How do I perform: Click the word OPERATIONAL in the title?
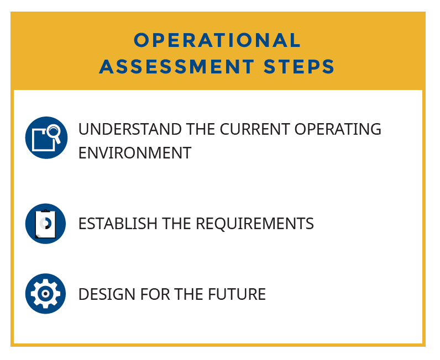pyautogui.click(x=217, y=40)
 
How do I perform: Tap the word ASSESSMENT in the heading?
pyautogui.click(x=177, y=67)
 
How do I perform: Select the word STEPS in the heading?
pyautogui.click(x=299, y=67)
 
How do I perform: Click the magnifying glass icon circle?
pyautogui.click(x=46, y=137)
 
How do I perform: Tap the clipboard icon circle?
pyautogui.click(x=45, y=224)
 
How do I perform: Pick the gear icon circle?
pyautogui.click(x=45, y=294)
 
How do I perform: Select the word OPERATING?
pyautogui.click(x=338, y=129)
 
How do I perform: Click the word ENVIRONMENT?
pyautogui.click(x=135, y=153)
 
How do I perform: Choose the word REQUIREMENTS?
pyautogui.click(x=255, y=224)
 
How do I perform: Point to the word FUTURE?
pyautogui.click(x=237, y=294)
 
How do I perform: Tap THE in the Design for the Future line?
pyautogui.click(x=189, y=294)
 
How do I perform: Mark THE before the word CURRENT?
pyautogui.click(x=201, y=129)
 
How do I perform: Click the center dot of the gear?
pyautogui.click(x=45, y=294)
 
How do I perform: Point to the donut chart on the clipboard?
pyautogui.click(x=45, y=224)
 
